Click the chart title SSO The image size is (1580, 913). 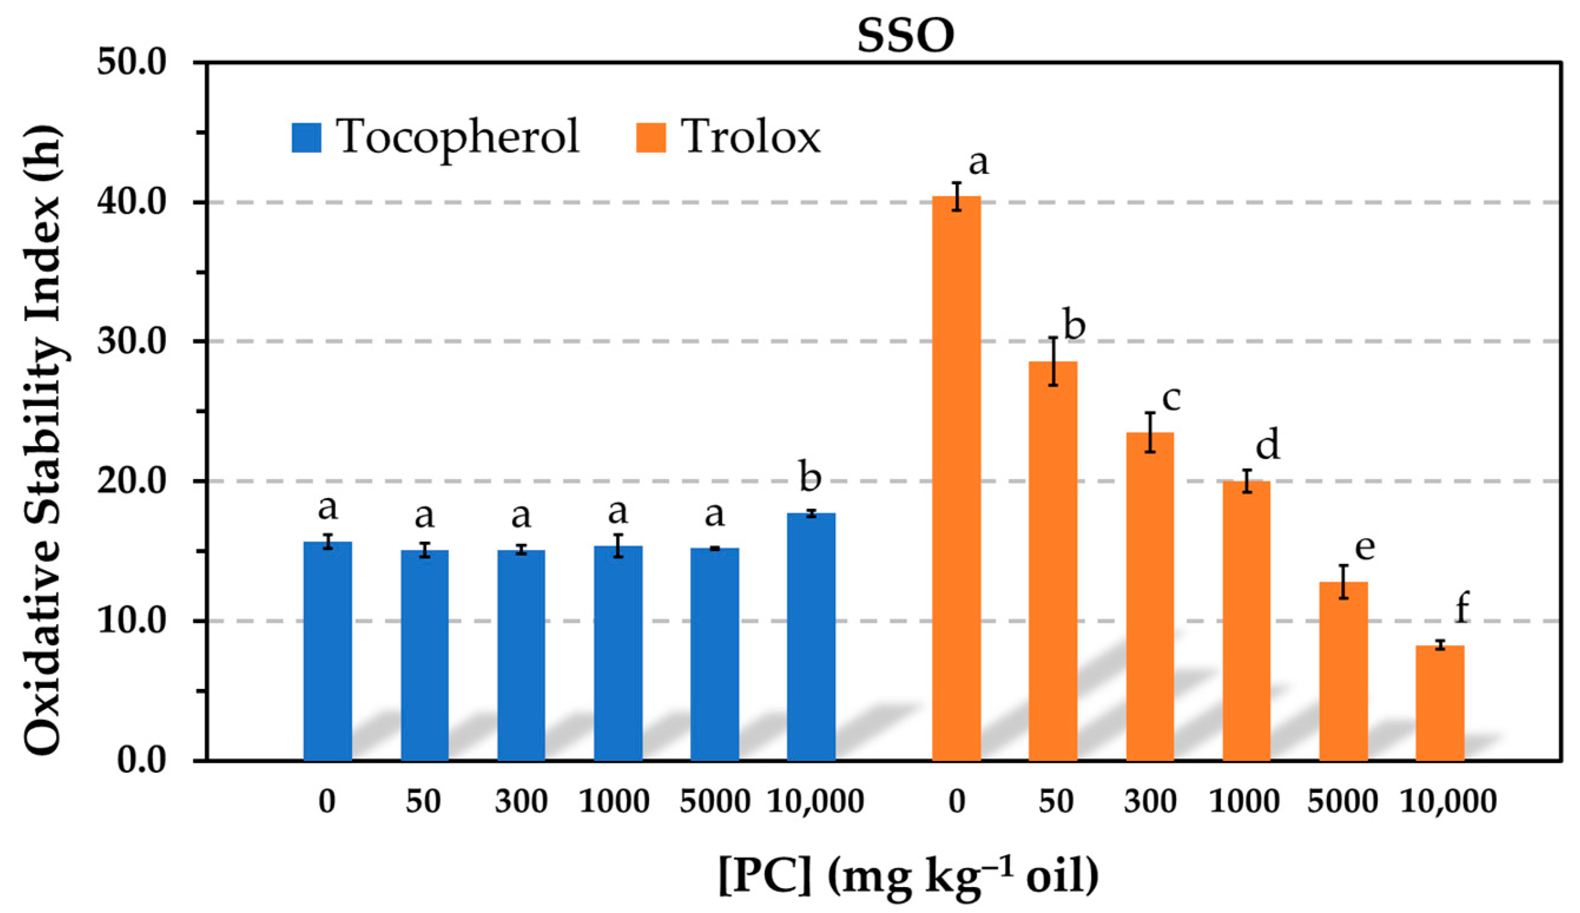(x=905, y=36)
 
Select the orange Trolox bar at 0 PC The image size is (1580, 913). (x=956, y=480)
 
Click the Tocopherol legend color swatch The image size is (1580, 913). (x=306, y=137)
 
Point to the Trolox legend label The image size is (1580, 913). (x=750, y=137)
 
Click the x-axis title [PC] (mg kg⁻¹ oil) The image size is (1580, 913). (x=908, y=875)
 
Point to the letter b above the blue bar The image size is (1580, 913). (x=810, y=478)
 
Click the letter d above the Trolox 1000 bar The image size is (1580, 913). (x=1267, y=446)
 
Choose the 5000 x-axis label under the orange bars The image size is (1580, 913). (x=1342, y=802)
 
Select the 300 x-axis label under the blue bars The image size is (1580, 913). (x=521, y=802)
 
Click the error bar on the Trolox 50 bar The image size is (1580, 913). (x=1053, y=361)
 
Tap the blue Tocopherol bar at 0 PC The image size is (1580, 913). (x=327, y=652)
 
